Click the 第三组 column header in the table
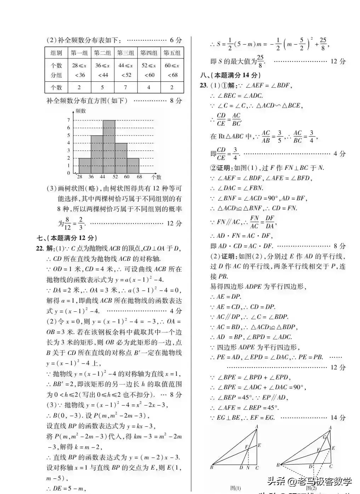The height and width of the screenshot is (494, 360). point(125,53)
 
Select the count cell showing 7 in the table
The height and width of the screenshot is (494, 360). point(125,87)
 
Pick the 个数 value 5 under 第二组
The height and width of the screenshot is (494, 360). point(102,87)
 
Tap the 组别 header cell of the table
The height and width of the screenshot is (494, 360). point(56,53)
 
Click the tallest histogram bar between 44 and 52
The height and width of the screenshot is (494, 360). point(109,147)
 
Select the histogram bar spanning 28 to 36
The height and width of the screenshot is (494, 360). point(85,166)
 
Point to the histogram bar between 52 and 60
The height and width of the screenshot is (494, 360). point(121,158)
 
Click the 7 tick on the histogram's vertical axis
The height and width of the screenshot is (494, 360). point(69,120)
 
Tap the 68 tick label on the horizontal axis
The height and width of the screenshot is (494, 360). point(139,177)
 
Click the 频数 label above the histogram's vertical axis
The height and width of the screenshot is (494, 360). point(81,111)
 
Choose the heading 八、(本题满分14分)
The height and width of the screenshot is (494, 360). point(230,75)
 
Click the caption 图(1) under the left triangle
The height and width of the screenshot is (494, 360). point(235,488)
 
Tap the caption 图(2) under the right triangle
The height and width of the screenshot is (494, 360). point(311,488)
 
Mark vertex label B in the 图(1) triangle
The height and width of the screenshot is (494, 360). point(212,467)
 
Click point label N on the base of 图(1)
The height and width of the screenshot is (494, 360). point(248,468)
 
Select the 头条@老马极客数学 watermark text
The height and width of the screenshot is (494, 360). point(309,481)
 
